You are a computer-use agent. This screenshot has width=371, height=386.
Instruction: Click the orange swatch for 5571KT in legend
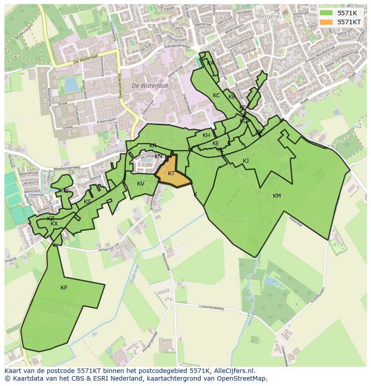tap(326, 22)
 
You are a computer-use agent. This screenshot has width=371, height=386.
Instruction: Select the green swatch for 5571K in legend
tap(326, 13)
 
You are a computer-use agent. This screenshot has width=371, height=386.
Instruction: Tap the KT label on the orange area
tap(171, 173)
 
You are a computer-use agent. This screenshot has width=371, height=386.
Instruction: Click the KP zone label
tap(64, 288)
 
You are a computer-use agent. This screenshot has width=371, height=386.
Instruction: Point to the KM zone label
tap(276, 196)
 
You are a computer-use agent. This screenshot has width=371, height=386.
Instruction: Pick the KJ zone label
tap(246, 161)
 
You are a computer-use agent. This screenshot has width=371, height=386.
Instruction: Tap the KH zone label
tap(206, 135)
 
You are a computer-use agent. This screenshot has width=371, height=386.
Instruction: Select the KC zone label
tap(216, 95)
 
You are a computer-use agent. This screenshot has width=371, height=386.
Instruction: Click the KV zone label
tap(141, 184)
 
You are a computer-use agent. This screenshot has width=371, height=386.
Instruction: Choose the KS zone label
tap(87, 202)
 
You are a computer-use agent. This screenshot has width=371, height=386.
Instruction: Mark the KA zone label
tap(211, 63)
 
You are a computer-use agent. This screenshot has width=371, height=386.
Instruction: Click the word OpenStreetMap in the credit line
tap(242, 378)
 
